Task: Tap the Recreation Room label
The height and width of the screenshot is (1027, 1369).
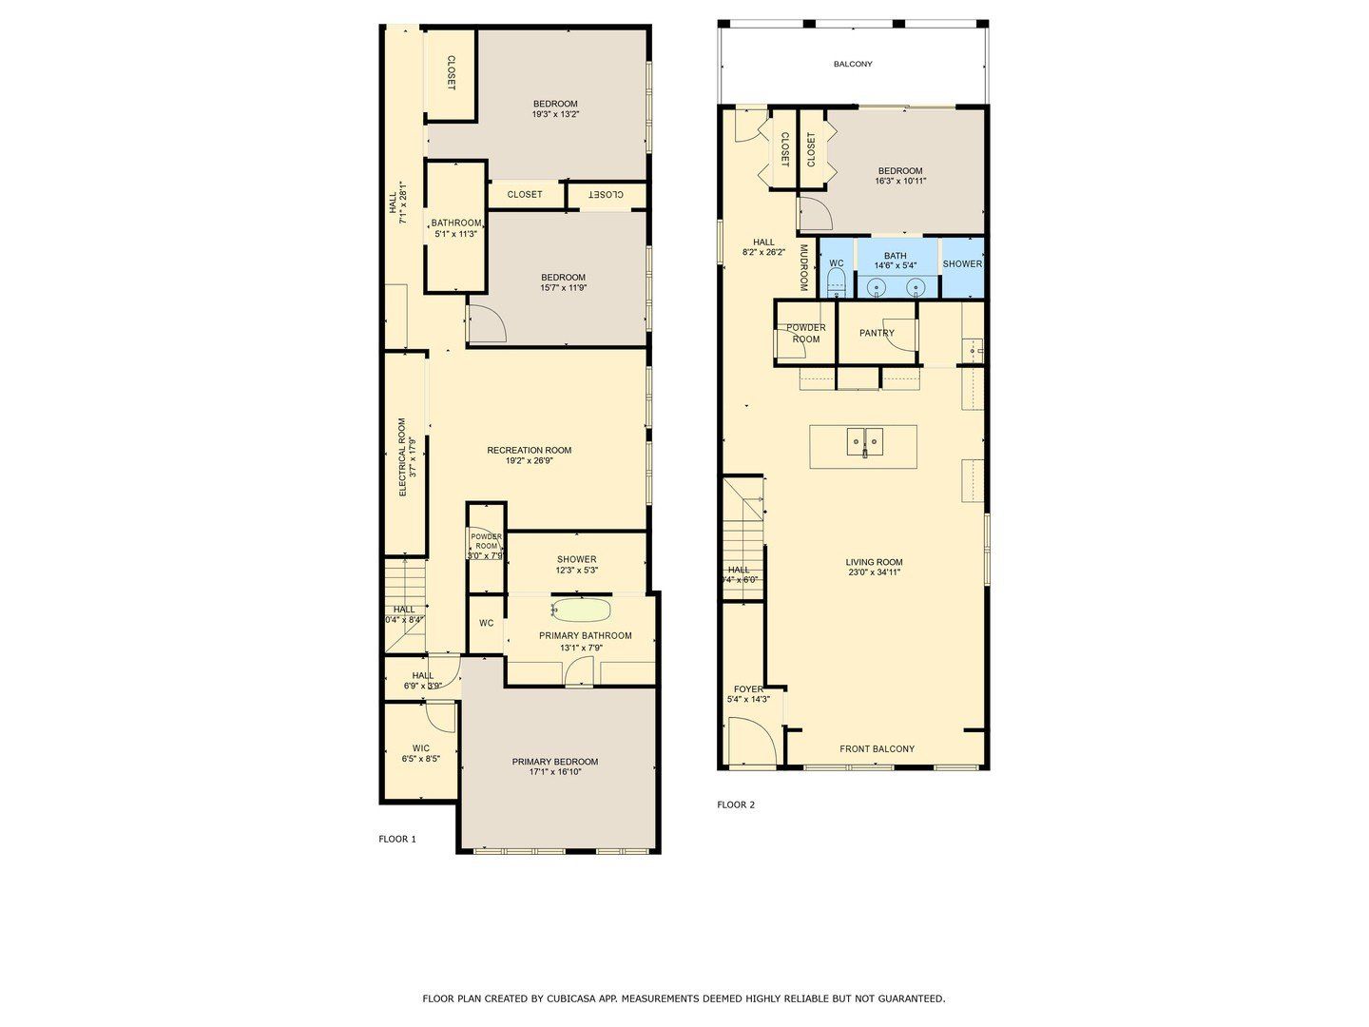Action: click(529, 451)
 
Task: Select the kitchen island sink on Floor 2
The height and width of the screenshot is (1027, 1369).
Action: click(864, 442)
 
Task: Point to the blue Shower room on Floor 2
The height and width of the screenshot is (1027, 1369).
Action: click(962, 264)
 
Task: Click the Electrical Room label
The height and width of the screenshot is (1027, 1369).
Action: click(402, 457)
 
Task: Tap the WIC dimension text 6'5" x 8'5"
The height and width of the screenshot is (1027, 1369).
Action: click(420, 760)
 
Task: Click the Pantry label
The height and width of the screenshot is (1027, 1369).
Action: click(876, 333)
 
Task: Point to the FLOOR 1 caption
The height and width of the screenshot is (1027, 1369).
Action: click(397, 840)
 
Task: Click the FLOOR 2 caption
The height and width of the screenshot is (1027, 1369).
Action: click(736, 805)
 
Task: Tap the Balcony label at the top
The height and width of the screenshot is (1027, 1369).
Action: click(853, 65)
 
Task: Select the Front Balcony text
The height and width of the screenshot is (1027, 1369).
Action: click(877, 749)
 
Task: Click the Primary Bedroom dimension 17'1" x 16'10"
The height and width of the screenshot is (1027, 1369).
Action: click(555, 772)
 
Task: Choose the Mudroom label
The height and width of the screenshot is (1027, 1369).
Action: click(803, 268)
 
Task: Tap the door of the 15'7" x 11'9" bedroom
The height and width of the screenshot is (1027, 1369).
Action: click(488, 324)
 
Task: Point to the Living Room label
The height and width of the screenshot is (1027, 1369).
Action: click(874, 562)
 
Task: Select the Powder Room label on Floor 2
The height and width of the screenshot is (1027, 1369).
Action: click(805, 334)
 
